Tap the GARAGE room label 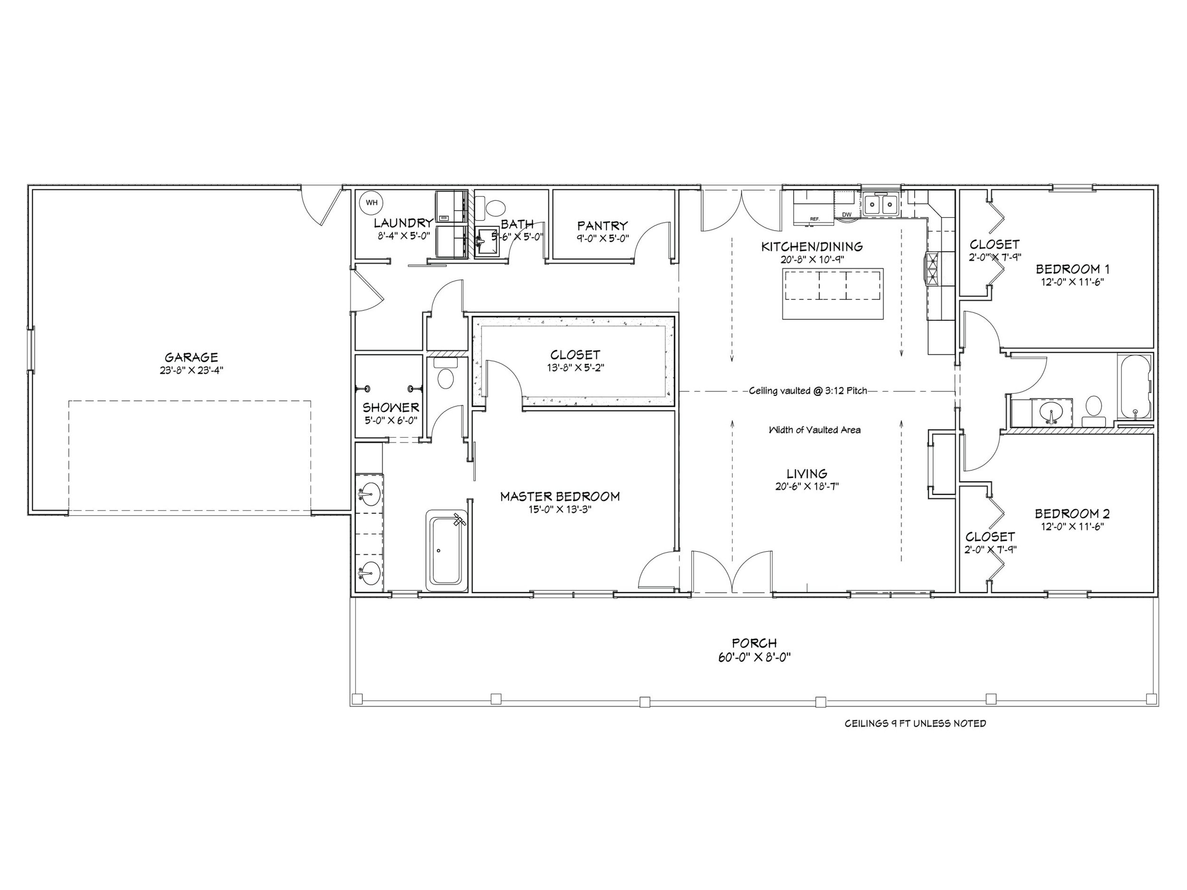[191, 357]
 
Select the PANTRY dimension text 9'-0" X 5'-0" [603, 238]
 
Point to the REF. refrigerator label [815, 219]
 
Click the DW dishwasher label [847, 215]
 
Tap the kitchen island [833, 293]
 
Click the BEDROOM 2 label [1072, 514]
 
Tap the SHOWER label [391, 408]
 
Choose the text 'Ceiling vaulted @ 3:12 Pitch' [808, 391]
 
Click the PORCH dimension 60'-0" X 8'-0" [754, 657]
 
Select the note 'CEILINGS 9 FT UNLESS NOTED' [915, 724]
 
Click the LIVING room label [807, 474]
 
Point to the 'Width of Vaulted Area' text [814, 430]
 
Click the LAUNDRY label [404, 223]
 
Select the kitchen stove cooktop [932, 269]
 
